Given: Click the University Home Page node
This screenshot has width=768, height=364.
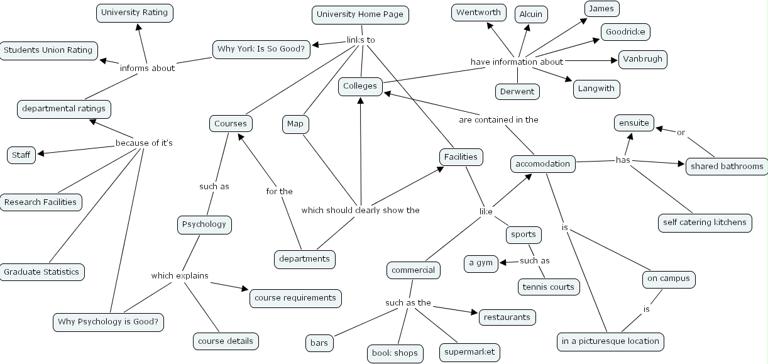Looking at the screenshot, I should coord(360,14).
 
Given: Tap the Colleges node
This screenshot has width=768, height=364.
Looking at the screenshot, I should coord(360,86).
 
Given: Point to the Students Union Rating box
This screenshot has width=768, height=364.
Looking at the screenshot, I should coord(48,50).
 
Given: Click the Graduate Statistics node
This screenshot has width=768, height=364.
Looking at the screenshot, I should coord(41,272).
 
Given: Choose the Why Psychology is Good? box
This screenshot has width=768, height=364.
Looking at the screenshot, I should coord(109,323).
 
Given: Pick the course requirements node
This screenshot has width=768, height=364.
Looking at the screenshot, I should coord(295,298).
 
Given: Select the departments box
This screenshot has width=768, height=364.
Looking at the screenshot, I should coord(305,258).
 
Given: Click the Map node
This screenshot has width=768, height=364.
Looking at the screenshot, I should coord(295,124).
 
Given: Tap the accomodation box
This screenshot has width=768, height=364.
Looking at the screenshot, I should coord(543,164).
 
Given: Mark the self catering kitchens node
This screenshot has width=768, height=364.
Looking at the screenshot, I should coord(705,223).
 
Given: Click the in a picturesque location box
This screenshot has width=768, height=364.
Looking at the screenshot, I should coord(610,341).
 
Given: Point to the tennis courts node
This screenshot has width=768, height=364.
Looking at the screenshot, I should coord(548,287).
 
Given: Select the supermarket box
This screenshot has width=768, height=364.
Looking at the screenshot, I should coord(469,352).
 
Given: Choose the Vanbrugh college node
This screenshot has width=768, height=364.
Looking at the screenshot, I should coord(642,59).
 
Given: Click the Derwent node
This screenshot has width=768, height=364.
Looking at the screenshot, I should coord(517,92).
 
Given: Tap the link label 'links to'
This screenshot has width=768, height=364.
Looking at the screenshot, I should coord(361,40).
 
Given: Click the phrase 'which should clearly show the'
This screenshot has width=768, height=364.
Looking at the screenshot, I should coord(360,210).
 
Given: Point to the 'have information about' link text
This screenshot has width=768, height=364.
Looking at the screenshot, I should coord(517,62).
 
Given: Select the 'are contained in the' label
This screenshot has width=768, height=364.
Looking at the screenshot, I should coord(498,119).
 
